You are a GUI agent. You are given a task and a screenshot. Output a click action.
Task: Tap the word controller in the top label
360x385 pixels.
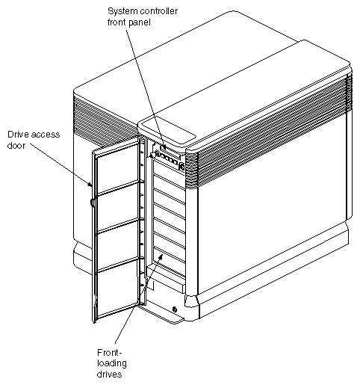click(x=165, y=11)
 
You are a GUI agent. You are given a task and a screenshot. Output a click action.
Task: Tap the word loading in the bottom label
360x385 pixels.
click(x=111, y=363)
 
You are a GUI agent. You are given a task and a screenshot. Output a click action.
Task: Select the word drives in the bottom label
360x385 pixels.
click(x=111, y=374)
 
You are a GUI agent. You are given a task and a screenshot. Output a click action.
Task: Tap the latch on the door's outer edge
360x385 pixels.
click(x=91, y=202)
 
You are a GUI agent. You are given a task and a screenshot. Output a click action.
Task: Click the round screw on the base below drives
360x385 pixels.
click(x=174, y=309)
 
